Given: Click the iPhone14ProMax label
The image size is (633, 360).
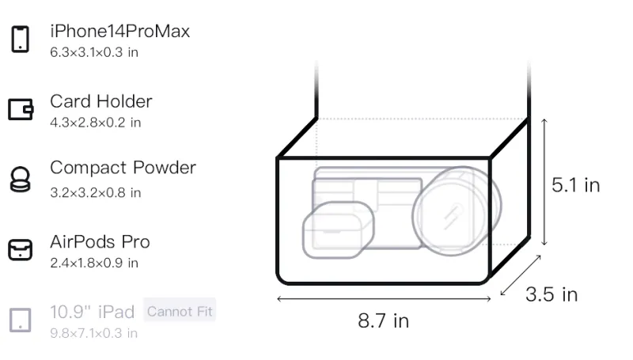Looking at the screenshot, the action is pyautogui.click(x=120, y=31).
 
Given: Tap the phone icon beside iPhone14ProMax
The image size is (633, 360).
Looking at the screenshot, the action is pyautogui.click(x=21, y=39).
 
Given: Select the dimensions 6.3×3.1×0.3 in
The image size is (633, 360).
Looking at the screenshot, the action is pyautogui.click(x=94, y=52).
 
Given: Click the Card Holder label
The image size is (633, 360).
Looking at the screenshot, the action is pyautogui.click(x=101, y=101).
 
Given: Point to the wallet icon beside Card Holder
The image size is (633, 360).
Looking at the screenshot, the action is pyautogui.click(x=21, y=109).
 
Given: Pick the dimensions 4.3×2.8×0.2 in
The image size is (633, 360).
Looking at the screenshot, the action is pyautogui.click(x=95, y=123).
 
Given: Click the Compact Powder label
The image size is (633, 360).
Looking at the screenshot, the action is pyautogui.click(x=123, y=168).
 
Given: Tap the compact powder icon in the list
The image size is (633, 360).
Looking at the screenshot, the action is pyautogui.click(x=21, y=179).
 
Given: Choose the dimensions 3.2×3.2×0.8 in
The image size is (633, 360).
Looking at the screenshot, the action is pyautogui.click(x=95, y=193).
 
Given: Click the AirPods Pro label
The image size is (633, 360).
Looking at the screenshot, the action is pyautogui.click(x=100, y=242).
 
